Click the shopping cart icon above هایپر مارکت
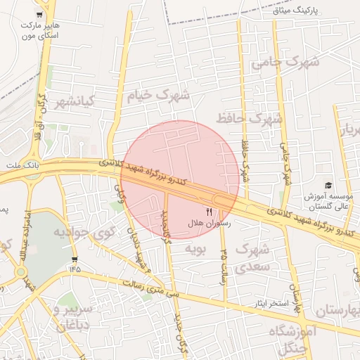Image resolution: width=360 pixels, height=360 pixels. pos(43,13)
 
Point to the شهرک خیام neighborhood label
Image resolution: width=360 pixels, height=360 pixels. pos(158,95)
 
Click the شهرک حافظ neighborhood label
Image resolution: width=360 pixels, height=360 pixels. pos(250,118)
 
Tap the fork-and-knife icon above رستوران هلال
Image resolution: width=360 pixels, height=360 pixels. pos(208,211)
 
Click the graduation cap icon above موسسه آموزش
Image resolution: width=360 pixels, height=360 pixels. pos(327,185)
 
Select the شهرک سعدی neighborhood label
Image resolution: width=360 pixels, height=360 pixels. pos(252,258)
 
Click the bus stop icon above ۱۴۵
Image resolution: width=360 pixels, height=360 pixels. pos(75,256)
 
